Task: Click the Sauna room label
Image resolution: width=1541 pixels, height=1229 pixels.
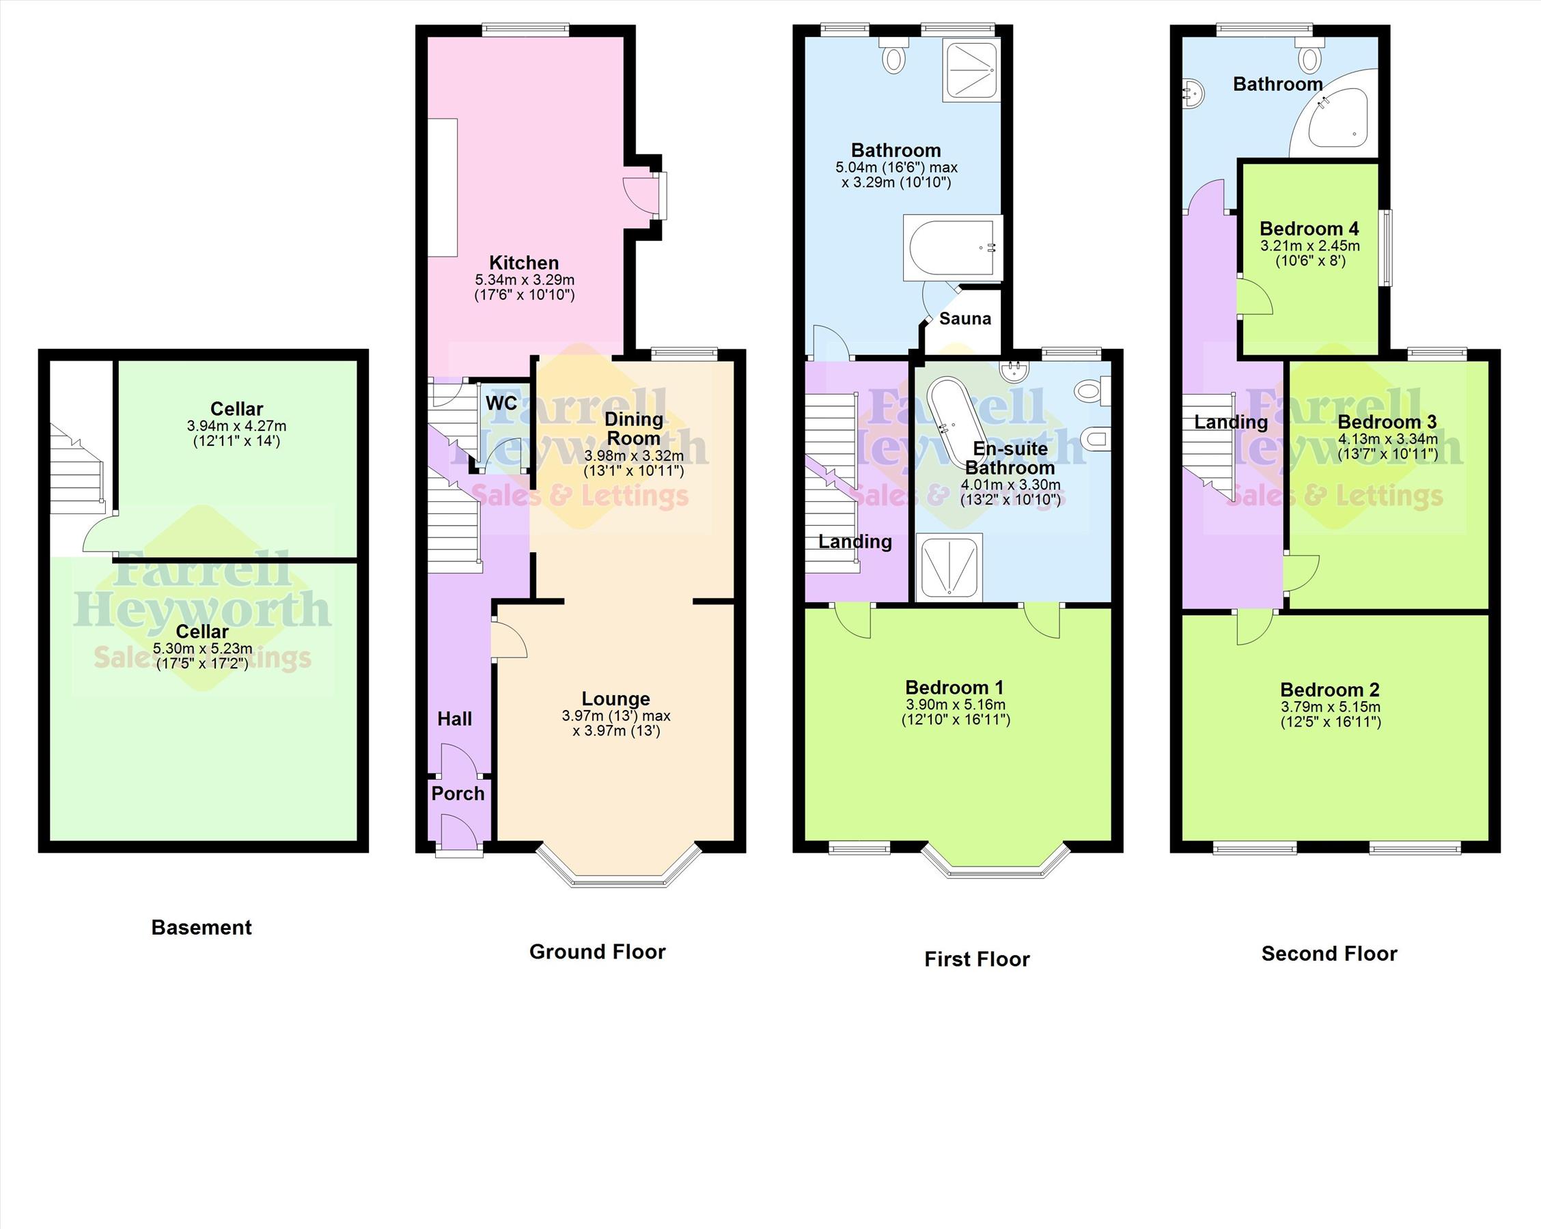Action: click(965, 319)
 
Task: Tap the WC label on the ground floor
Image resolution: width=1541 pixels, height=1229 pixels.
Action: click(501, 403)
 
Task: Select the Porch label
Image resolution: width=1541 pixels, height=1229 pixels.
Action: click(458, 794)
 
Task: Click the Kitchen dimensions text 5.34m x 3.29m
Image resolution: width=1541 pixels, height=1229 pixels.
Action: click(524, 280)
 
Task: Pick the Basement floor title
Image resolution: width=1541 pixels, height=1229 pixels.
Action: click(202, 927)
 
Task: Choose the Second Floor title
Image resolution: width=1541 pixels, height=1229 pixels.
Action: click(1329, 954)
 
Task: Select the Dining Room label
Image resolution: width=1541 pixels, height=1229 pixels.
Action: click(633, 429)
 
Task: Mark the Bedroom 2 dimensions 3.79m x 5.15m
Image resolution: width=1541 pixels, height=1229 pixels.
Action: click(1330, 707)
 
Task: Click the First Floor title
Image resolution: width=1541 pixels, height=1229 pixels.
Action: click(977, 959)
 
